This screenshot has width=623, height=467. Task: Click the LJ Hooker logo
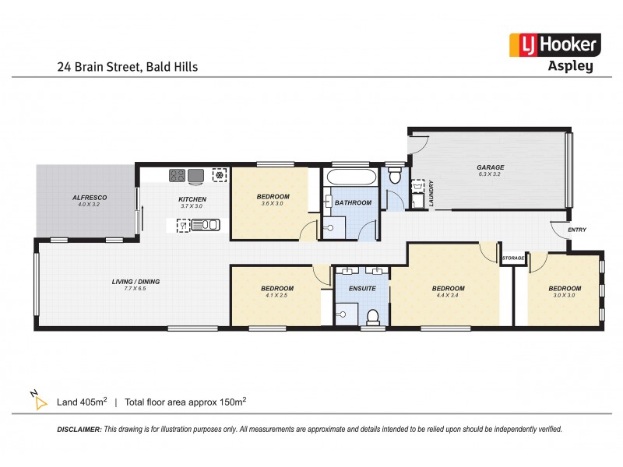(x=554, y=45)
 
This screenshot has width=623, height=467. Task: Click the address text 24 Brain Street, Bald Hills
(x=127, y=67)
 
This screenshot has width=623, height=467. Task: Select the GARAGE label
(x=491, y=167)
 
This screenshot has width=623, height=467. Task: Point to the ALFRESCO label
(x=90, y=198)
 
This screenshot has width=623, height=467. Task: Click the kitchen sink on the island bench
(x=208, y=226)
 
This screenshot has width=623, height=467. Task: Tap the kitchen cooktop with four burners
(x=178, y=176)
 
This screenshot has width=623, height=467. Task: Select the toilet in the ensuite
(x=373, y=316)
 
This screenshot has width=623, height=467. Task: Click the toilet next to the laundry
(x=395, y=176)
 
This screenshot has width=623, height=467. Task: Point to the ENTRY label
(x=577, y=230)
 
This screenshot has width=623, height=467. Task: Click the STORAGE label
(x=513, y=258)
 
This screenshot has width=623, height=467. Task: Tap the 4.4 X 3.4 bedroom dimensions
(x=448, y=297)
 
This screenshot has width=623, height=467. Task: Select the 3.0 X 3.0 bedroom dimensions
(x=565, y=297)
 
